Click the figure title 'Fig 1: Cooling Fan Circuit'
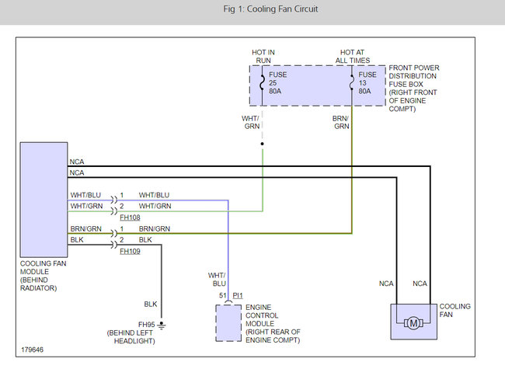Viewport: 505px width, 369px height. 270,9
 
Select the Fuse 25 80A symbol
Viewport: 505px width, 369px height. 262,83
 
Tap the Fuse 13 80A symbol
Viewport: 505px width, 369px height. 352,83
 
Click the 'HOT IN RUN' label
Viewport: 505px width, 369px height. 263,57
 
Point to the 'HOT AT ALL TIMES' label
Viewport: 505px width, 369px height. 353,57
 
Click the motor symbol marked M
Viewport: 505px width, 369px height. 413,323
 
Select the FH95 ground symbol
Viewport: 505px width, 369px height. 162,325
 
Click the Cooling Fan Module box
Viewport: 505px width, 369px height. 44,200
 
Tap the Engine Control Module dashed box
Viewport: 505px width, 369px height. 228,323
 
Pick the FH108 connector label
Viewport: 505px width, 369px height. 130,218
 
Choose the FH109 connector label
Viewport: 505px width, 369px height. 130,251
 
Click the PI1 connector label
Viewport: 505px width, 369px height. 238,295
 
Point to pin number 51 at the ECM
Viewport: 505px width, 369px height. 223,295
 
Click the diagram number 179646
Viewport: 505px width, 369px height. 32,350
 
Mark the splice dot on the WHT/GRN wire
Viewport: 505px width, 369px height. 262,144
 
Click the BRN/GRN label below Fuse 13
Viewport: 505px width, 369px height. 341,123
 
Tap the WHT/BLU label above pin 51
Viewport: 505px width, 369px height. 217,280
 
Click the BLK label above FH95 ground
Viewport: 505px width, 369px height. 151,305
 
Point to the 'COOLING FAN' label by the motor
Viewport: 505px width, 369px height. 454,311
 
